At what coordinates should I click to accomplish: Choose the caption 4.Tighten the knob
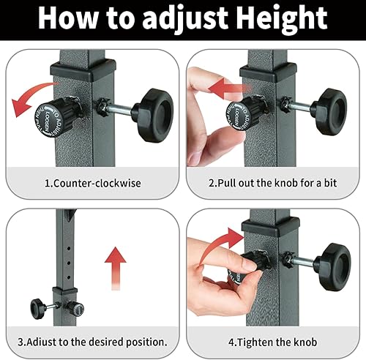click(x=274, y=342)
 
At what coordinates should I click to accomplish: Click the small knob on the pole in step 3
click(x=37, y=305)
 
